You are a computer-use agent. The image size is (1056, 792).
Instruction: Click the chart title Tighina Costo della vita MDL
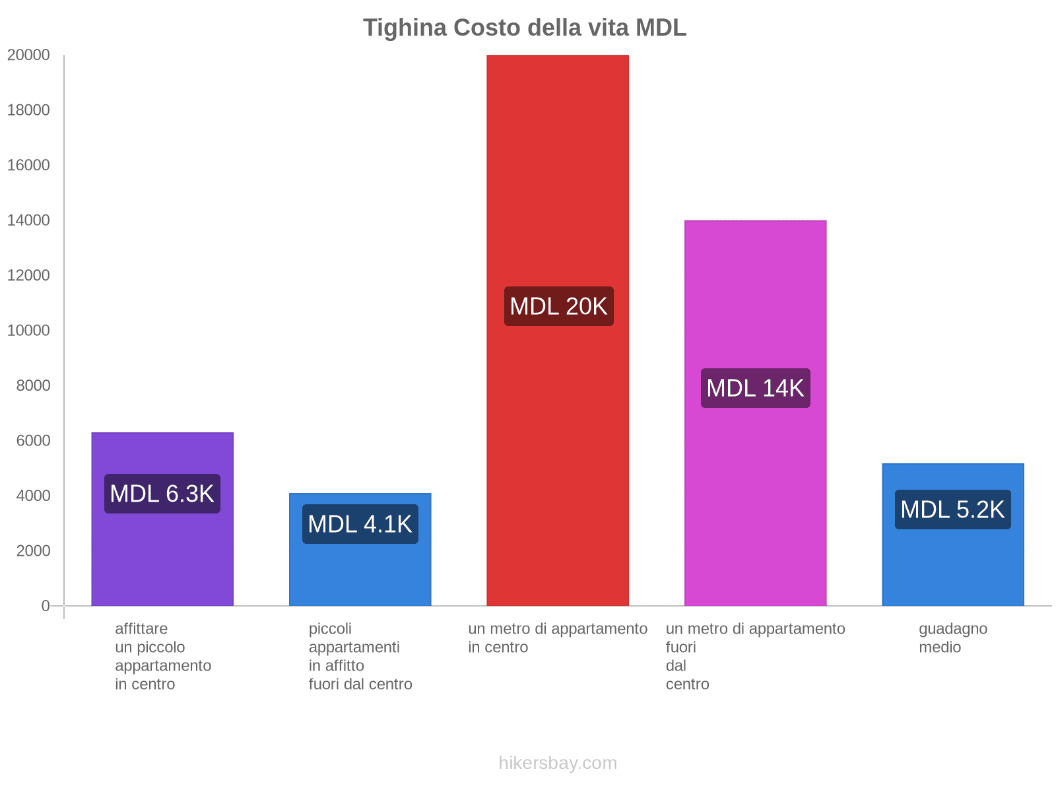click(525, 28)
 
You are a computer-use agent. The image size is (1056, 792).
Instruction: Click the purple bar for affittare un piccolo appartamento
click(162, 554)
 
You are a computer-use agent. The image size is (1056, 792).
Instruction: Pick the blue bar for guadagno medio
click(952, 568)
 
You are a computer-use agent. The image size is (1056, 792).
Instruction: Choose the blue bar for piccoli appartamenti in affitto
click(360, 574)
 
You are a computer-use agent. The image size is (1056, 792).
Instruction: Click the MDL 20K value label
click(558, 306)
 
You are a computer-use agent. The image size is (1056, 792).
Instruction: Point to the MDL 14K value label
click(755, 388)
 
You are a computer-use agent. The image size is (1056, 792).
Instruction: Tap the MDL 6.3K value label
click(162, 494)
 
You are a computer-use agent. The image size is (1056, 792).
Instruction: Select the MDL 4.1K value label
click(360, 524)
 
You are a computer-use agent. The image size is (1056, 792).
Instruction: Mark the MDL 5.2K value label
click(952, 510)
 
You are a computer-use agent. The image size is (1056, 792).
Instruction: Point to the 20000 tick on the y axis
click(28, 55)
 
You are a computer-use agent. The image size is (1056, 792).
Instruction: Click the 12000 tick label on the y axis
click(28, 275)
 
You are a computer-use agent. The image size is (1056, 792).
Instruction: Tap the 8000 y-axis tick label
click(33, 385)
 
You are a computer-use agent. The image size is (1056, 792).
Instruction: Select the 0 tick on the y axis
click(46, 606)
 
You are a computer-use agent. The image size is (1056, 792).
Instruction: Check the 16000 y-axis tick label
click(28, 165)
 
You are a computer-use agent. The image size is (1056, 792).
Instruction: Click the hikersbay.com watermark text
click(558, 763)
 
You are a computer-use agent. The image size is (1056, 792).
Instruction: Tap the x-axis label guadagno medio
click(952, 638)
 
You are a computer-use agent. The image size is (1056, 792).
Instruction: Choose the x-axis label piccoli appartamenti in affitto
click(360, 656)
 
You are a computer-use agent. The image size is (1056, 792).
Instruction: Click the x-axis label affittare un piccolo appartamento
click(162, 656)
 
